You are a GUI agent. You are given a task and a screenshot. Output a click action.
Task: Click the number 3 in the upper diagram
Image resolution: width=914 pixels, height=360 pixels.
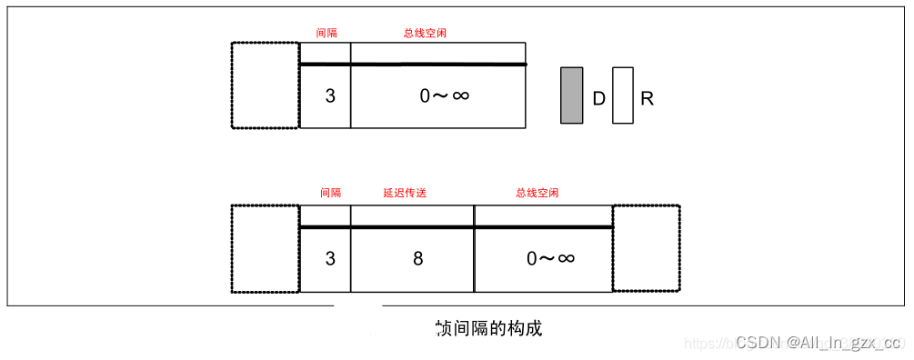[330, 95]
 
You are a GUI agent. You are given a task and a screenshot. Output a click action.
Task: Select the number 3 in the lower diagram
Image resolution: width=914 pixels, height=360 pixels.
[330, 259]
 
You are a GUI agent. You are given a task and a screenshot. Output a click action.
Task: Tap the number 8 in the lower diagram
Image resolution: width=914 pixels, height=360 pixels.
[417, 259]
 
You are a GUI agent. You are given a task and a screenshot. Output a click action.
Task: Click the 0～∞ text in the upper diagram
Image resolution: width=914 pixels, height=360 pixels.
[445, 95]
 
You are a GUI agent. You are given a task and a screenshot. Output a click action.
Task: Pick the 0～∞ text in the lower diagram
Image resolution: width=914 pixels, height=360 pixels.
[551, 259]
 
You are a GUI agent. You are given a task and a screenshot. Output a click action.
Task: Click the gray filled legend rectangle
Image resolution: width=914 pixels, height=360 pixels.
[571, 95]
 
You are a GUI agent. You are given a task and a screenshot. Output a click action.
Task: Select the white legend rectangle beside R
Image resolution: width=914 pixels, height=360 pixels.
[623, 95]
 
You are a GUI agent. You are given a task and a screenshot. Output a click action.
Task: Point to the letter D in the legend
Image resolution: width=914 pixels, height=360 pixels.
[598, 99]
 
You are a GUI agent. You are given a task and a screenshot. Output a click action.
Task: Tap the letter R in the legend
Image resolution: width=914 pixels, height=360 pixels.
[648, 99]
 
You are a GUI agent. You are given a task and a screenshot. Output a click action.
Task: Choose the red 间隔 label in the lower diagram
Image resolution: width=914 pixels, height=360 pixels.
[330, 194]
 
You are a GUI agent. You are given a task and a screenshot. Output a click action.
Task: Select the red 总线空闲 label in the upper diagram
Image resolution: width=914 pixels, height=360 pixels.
[425, 33]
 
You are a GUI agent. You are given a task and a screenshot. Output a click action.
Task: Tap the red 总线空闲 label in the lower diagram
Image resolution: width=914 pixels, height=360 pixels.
[537, 194]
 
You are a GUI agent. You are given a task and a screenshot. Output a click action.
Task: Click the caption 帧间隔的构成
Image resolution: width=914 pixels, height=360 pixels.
[489, 328]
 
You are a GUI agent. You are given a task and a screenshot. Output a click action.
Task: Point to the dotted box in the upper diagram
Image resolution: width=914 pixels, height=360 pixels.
[265, 85]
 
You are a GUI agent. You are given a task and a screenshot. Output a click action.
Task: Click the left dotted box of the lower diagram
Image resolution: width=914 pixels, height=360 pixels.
[265, 248]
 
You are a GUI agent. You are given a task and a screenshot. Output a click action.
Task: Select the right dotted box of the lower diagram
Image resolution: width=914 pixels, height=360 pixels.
[646, 248]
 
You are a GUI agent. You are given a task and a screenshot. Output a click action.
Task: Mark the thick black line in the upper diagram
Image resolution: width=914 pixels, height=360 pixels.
[413, 65]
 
